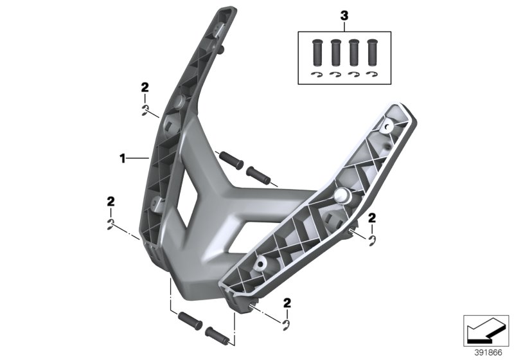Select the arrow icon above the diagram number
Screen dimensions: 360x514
(485, 330)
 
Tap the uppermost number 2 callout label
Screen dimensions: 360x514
(145, 87)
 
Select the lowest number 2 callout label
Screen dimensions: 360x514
(288, 302)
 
